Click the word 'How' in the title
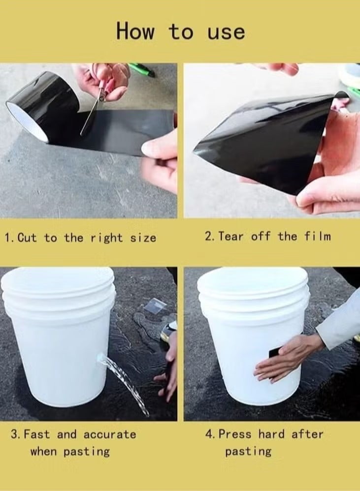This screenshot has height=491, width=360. coord(135,31)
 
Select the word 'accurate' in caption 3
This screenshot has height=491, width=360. coord(109,435)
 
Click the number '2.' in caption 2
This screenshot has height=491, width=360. coord(210,237)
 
